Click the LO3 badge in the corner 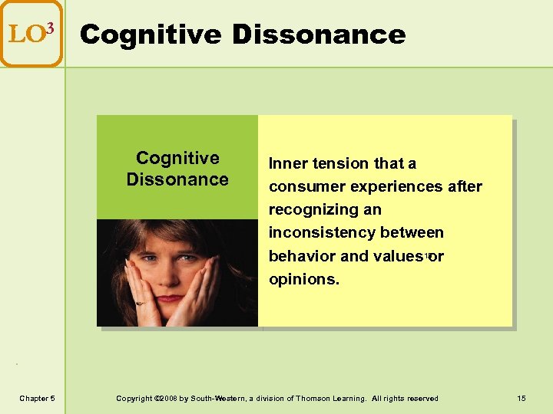click(31, 33)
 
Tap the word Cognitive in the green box click(177, 158)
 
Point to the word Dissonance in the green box click(177, 179)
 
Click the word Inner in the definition click(286, 163)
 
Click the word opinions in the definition click(303, 279)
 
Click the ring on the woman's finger click(140, 303)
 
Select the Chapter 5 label click(37, 398)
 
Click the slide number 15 click(522, 398)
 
